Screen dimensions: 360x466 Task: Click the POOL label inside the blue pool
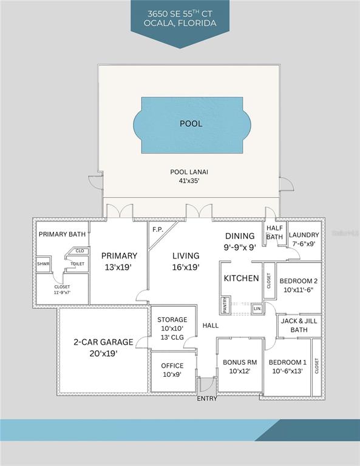tap(191, 124)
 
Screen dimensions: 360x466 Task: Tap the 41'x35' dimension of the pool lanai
tap(189, 181)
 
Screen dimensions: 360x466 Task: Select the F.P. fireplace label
tap(158, 229)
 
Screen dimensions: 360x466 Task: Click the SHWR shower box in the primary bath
tap(43, 264)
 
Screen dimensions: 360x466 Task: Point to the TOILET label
tap(77, 263)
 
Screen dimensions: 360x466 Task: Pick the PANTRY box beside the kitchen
tap(225, 305)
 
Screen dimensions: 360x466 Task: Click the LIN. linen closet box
tap(257, 309)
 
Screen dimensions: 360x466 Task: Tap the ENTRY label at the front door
tap(207, 399)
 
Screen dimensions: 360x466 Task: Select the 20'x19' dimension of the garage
tap(103, 354)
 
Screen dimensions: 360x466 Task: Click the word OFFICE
tap(172, 365)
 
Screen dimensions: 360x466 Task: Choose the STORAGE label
tap(172, 320)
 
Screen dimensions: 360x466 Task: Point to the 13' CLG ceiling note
tap(172, 337)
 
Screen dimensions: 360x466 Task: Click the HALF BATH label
tap(274, 232)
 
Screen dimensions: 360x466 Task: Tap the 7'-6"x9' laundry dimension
tap(304, 243)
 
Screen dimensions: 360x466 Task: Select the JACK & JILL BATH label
tap(299, 325)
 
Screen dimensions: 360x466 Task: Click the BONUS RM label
tap(240, 362)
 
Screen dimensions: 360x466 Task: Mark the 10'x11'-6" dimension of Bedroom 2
tap(299, 290)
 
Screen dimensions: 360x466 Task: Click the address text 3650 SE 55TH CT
tap(180, 14)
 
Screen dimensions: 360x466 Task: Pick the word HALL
tap(211, 325)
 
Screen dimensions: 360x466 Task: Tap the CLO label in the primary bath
tap(80, 251)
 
